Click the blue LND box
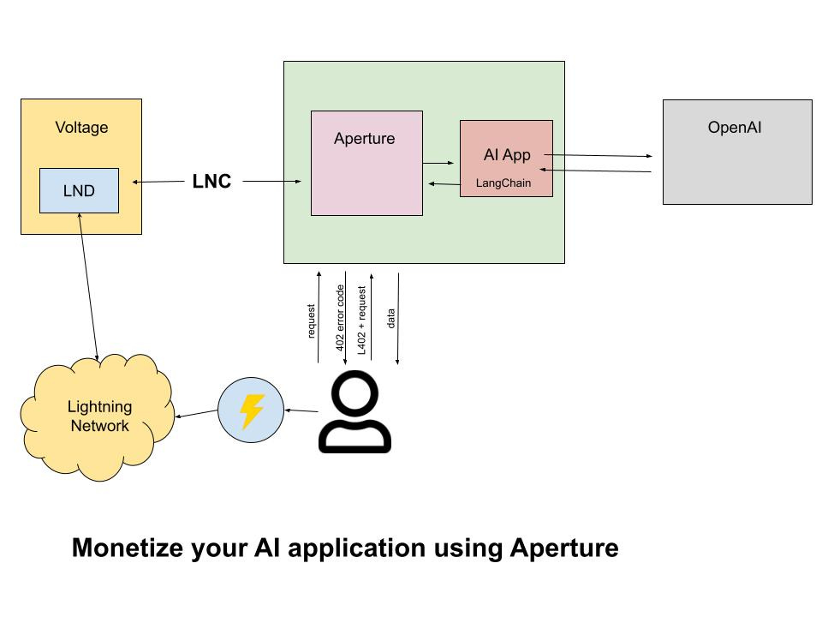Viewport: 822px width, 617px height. pos(79,190)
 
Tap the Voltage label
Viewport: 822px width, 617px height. pos(82,128)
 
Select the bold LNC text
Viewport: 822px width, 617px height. pos(211,181)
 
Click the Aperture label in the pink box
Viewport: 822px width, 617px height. pos(365,139)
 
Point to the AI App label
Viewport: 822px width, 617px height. pos(507,155)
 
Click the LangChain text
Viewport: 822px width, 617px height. pos(503,183)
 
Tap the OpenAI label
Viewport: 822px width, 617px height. pos(735,128)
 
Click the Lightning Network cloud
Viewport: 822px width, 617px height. pos(98,417)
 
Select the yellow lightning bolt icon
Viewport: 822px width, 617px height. pos(251,410)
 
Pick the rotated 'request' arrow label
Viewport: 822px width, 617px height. pos(311,321)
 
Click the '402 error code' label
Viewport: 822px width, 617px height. pos(340,318)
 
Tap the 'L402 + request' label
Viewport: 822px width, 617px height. pos(361,320)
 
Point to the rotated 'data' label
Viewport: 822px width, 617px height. pos(390,319)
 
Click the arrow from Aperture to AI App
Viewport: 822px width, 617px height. pos(438,163)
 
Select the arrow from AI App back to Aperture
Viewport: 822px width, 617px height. pos(444,183)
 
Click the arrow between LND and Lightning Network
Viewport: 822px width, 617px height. pos(88,287)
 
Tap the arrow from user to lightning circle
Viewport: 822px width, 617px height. pos(301,410)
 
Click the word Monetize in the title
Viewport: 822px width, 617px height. pos(128,548)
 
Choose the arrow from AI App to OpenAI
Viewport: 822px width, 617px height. pos(599,155)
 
